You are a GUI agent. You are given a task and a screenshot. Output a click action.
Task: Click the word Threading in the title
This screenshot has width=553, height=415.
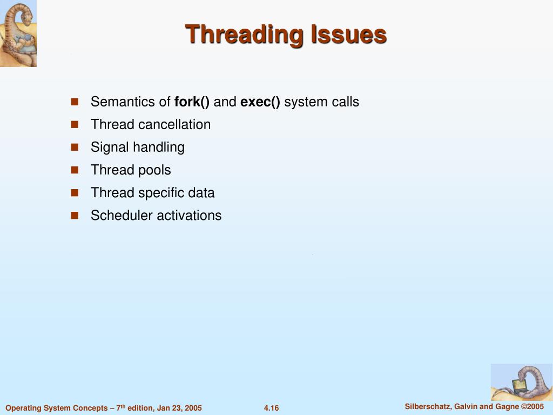245,35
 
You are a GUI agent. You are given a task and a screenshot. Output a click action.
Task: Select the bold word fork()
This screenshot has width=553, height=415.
192,102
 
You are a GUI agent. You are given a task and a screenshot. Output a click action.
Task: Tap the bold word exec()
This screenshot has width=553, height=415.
260,102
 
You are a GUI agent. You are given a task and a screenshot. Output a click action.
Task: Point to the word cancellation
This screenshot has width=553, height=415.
174,124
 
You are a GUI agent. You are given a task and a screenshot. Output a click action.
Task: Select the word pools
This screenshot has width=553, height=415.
154,170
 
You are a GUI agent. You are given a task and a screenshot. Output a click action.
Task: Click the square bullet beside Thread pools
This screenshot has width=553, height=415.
75,170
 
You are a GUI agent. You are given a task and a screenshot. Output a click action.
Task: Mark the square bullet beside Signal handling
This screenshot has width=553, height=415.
75,147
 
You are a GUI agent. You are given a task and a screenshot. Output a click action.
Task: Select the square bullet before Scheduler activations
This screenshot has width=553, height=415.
75,215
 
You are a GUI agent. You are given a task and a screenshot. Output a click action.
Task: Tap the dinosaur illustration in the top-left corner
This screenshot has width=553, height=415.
18,34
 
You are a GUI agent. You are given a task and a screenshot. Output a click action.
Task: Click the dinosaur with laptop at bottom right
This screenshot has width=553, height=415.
521,382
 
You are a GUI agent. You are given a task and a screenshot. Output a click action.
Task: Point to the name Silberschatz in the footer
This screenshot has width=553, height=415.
428,406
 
